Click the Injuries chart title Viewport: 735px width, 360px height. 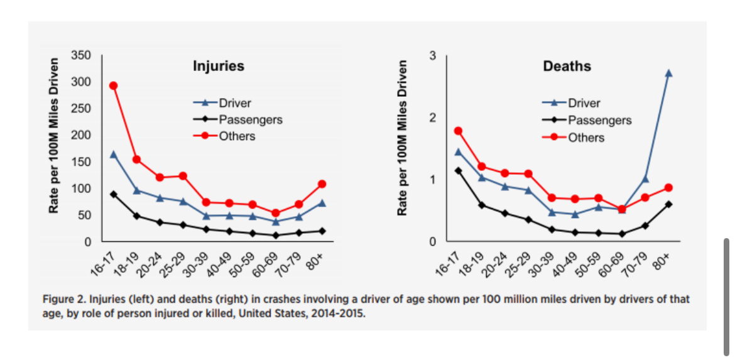point(218,66)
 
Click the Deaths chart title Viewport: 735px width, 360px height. point(567,66)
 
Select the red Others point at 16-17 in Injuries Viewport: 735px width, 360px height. point(114,85)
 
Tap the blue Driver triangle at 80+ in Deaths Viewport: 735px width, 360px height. point(668,73)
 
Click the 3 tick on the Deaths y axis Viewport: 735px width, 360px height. point(433,55)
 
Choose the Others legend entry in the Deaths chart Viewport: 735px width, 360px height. point(585,138)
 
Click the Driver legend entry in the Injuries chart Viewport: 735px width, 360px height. point(234,102)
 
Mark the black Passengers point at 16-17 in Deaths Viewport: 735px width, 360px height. point(458,170)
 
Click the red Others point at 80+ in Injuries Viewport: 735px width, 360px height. point(322,184)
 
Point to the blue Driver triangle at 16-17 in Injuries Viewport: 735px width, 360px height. point(114,154)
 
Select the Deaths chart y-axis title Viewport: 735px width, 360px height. point(403,138)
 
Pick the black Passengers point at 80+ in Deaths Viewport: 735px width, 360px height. point(668,204)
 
